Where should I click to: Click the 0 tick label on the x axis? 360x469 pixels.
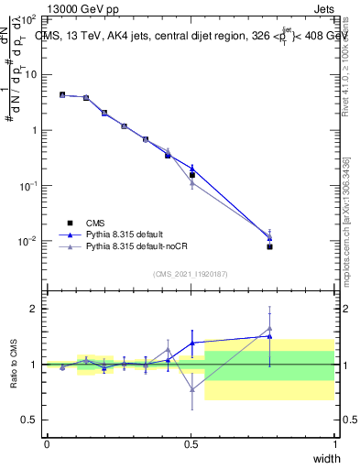(x=47, y=444)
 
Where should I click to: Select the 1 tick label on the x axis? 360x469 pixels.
(x=334, y=444)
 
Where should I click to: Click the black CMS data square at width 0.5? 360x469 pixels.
(x=192, y=175)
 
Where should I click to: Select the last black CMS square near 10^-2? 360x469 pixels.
(x=269, y=246)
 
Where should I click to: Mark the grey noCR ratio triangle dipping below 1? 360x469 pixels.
(x=191, y=389)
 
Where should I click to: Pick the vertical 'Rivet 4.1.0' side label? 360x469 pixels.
(x=345, y=64)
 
